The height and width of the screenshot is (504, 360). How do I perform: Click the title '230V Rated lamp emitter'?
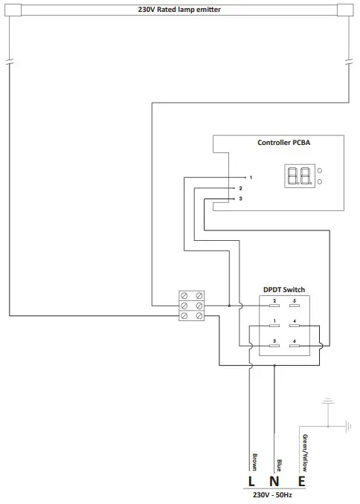179,9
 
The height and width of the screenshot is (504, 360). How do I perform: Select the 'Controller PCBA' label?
285,143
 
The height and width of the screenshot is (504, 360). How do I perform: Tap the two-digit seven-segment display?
299,176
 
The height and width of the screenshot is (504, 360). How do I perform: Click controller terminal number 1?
251,178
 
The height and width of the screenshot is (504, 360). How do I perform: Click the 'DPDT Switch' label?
284,289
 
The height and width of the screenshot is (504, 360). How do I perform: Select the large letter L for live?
252,482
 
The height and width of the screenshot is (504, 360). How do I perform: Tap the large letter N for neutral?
276,482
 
